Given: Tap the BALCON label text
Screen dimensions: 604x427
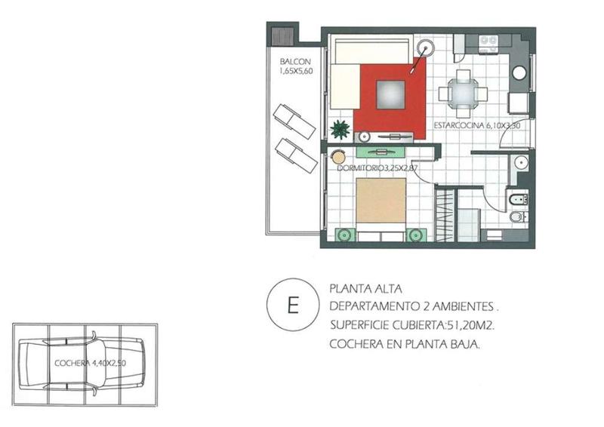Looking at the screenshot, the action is coord(295,62).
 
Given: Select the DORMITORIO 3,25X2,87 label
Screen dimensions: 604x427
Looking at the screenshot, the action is coord(377,168).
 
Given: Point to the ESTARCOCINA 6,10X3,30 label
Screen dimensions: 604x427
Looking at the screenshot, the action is coord(477,125).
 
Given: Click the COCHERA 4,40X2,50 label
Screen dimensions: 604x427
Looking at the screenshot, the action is coord(90,363).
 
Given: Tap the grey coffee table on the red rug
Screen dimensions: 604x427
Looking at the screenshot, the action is coord(390,95).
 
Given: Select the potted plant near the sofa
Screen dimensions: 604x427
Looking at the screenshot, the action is coord(341,129).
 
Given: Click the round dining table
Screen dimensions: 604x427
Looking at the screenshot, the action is coord(463,94).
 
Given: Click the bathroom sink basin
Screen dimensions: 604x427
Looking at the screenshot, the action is coord(521,162).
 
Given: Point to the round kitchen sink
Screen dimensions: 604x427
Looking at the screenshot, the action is coord(519,73).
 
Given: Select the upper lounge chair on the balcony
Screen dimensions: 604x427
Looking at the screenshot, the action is coord(294,121).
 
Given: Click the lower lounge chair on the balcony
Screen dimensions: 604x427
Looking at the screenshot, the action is coord(296,155).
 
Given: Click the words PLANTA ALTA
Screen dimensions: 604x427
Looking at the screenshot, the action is coord(365,288).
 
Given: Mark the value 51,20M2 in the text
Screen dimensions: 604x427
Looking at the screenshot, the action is coord(470,325).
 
